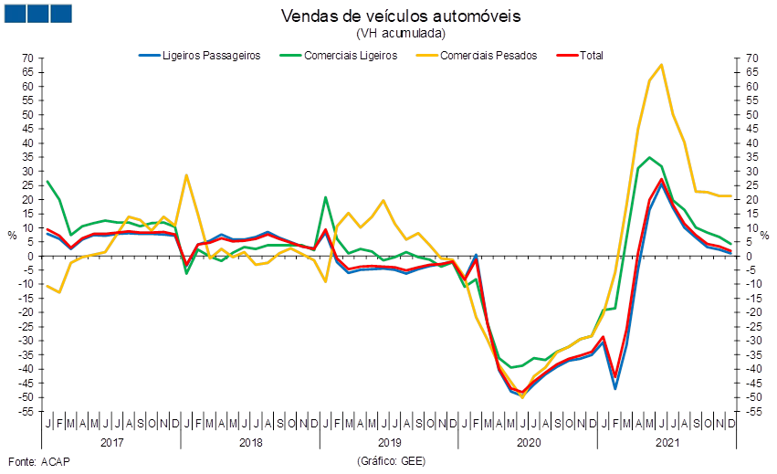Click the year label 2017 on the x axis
[111, 443]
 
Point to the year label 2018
[250, 443]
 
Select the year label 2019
[389, 443]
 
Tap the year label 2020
[528, 443]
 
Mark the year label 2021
[667, 443]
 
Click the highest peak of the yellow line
[661, 65]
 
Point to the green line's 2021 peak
[649, 157]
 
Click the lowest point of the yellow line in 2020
[522, 397]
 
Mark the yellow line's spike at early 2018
[186, 175]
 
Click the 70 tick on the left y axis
[28, 58]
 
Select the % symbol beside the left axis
[12, 235]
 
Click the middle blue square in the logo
[38, 13]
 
